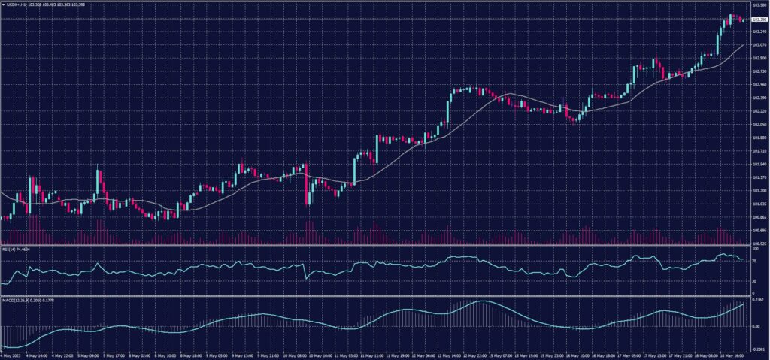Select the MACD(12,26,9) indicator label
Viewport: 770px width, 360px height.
19,301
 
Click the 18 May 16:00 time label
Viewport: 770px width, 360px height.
729,355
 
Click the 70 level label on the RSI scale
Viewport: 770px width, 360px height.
754,259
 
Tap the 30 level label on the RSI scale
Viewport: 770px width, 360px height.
754,281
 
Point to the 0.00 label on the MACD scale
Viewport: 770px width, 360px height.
756,326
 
